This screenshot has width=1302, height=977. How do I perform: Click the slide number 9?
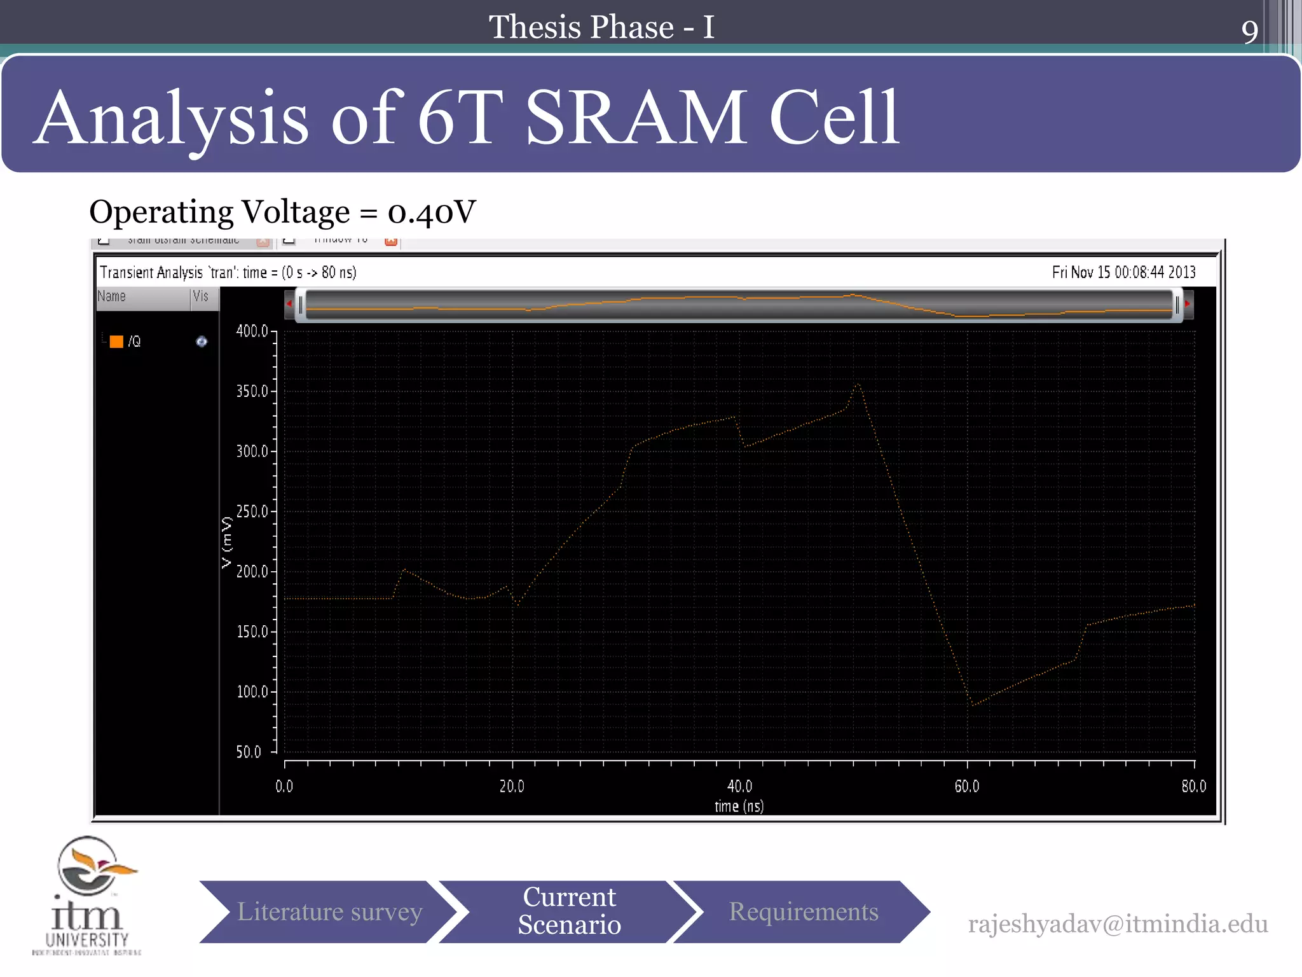1249,31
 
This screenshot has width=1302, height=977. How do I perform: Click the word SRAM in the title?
636,118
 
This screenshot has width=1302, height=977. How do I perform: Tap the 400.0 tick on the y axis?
252,331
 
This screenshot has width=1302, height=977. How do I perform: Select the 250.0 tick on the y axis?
252,511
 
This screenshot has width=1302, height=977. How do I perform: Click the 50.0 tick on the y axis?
249,752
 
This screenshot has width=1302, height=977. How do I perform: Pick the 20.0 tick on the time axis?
512,786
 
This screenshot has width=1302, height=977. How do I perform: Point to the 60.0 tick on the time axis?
967,786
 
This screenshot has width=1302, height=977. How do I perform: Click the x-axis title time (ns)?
739,807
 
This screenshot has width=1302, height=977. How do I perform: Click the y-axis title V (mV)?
227,542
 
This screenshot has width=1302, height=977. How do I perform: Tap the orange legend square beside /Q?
116,342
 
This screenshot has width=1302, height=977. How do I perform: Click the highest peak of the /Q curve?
858,384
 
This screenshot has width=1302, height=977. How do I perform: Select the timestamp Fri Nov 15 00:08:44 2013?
1123,272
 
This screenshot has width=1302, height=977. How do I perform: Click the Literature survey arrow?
329,911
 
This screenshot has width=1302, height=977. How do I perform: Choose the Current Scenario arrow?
569,911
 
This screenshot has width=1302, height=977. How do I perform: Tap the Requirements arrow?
803,911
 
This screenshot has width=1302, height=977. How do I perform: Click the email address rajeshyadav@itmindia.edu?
1118,924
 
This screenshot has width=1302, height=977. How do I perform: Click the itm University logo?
87,896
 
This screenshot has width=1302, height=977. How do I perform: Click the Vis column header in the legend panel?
201,296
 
